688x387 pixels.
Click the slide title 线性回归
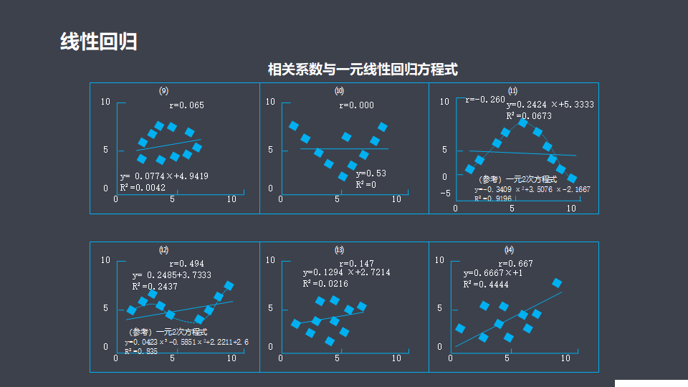(98, 42)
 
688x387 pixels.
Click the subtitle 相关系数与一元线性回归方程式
(363, 70)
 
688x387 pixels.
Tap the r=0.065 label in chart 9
(186, 105)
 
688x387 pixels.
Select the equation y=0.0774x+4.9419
(164, 176)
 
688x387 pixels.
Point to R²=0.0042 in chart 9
(143, 187)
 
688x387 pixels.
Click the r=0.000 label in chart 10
(356, 105)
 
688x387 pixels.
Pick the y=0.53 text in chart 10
(371, 173)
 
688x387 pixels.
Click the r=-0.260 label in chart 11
(484, 100)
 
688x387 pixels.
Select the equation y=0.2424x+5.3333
(550, 105)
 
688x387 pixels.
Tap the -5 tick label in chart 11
(445, 193)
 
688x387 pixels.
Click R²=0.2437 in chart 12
(154, 286)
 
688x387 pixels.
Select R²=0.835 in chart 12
(140, 351)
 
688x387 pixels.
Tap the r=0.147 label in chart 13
(356, 264)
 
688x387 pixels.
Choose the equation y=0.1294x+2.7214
(346, 272)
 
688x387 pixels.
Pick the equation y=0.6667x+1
(492, 273)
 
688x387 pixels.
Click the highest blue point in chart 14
(557, 284)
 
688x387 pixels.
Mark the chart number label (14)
(509, 250)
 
